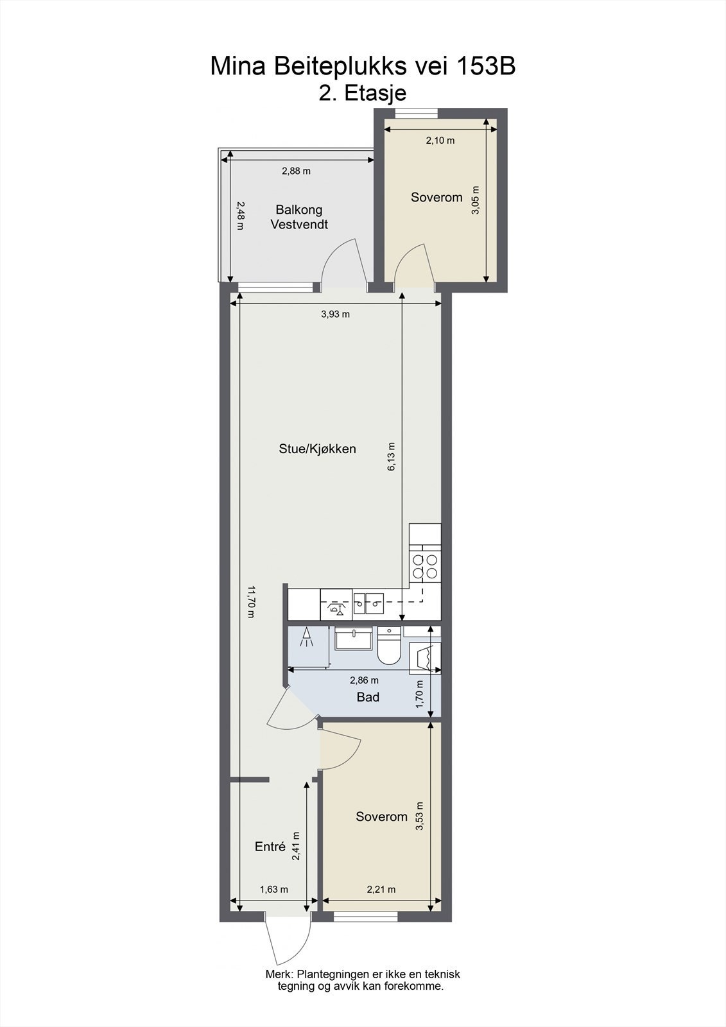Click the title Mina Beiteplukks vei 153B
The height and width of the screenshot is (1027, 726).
[363, 66]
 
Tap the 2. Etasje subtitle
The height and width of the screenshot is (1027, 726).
[363, 94]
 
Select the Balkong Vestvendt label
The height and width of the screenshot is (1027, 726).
[299, 217]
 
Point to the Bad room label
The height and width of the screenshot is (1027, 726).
[368, 697]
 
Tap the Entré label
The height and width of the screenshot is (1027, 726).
[270, 847]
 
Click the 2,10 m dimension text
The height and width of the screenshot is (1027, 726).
[440, 141]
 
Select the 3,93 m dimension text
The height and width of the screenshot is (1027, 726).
[336, 314]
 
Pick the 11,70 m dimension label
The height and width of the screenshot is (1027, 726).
[252, 601]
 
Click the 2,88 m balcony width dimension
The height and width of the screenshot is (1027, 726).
[296, 171]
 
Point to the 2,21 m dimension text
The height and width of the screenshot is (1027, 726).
[381, 890]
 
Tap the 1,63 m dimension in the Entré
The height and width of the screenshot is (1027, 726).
[273, 890]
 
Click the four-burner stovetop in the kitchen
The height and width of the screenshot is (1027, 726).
[425, 565]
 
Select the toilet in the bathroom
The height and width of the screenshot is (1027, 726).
[389, 646]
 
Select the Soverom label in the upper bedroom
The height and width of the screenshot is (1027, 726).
[436, 197]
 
